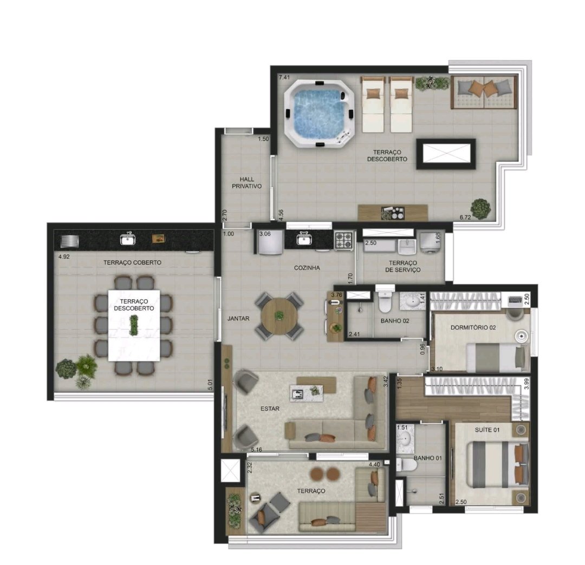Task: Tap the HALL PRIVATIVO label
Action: (246, 182)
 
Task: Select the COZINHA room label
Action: (307, 267)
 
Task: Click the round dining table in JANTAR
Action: (279, 316)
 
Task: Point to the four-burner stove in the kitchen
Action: (343, 240)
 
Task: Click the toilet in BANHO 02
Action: (384, 302)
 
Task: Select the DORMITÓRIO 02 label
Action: (473, 327)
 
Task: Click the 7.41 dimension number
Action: (284, 77)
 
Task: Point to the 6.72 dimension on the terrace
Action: (465, 217)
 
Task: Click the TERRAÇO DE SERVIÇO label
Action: (402, 266)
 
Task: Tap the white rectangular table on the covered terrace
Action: (134, 325)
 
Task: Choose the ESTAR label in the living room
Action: (270, 409)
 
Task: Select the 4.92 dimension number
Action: (64, 257)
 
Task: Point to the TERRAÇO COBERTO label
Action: (132, 262)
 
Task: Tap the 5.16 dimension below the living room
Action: (256, 450)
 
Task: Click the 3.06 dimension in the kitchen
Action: (265, 234)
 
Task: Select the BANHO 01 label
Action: (427, 458)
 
